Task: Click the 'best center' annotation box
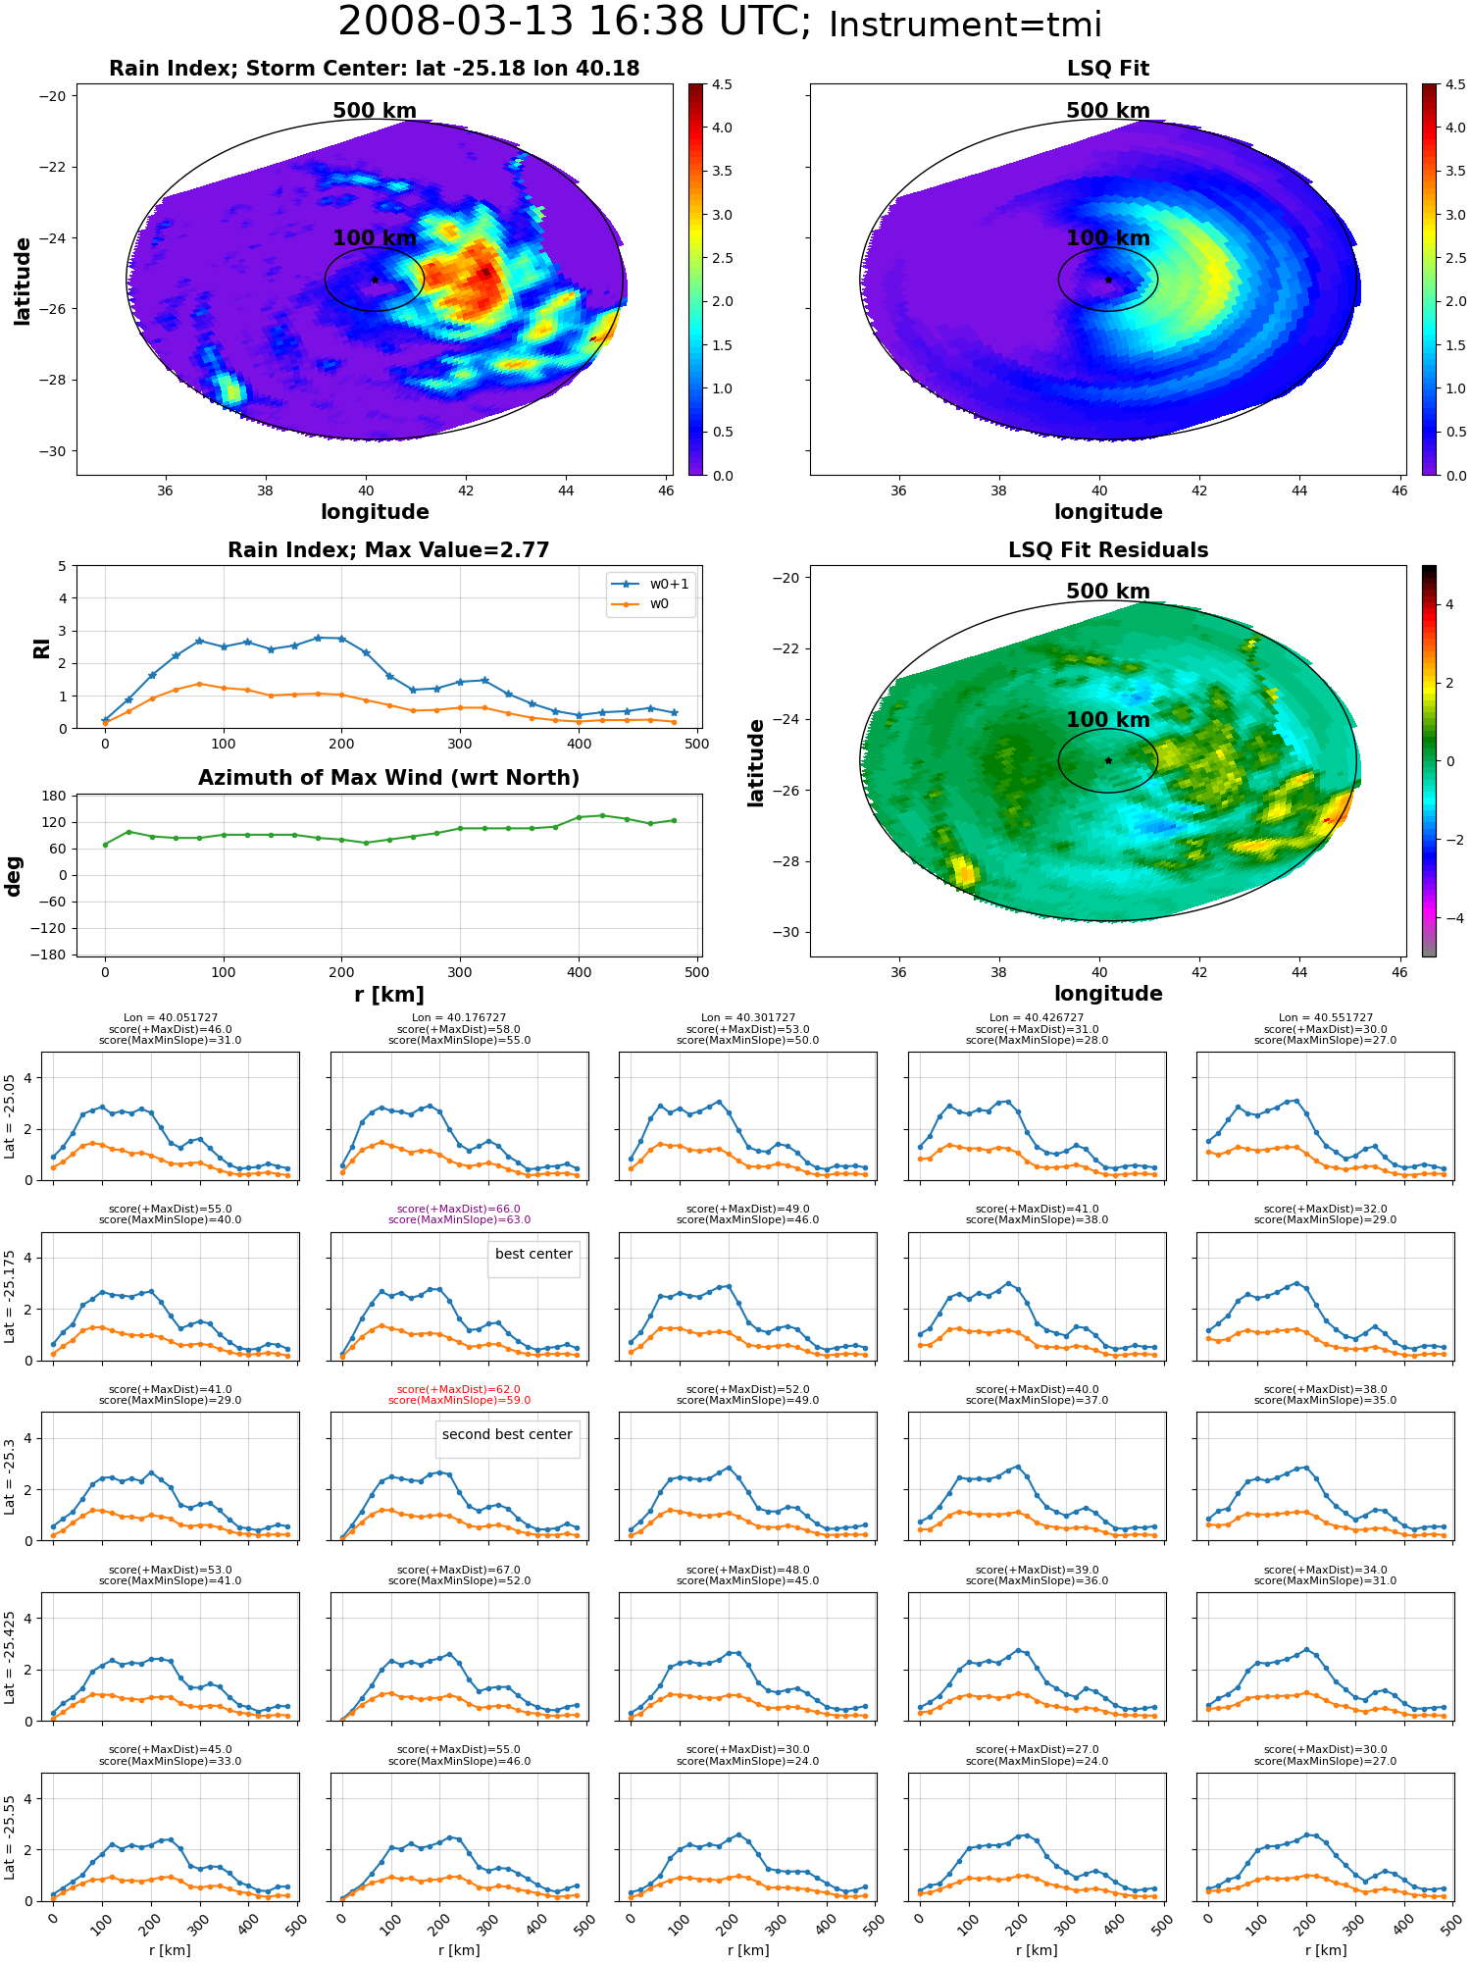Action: (x=533, y=1254)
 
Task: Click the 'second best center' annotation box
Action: (x=507, y=1434)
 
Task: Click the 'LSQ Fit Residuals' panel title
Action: (x=1108, y=550)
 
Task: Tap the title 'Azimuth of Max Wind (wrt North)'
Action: (x=388, y=778)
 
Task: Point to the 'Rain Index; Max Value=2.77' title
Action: (x=388, y=550)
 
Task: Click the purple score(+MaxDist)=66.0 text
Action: (x=459, y=1209)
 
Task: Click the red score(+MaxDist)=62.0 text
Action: (x=459, y=1389)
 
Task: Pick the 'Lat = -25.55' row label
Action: (x=11, y=1837)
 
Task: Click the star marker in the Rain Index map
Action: (x=375, y=280)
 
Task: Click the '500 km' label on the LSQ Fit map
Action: (x=1108, y=111)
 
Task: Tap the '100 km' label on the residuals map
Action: (x=1108, y=720)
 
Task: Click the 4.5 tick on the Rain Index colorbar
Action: (x=722, y=84)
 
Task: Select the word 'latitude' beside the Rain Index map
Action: (x=23, y=282)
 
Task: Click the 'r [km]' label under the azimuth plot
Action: (x=389, y=995)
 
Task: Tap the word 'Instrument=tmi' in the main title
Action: (x=965, y=25)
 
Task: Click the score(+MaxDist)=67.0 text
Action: (x=459, y=1570)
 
